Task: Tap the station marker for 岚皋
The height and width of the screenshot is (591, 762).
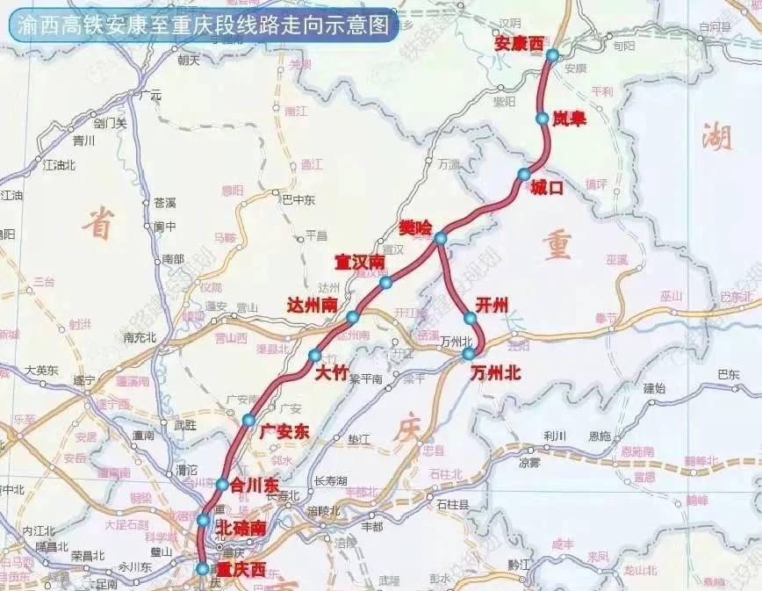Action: click(542, 118)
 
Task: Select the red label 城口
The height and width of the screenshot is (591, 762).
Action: click(546, 187)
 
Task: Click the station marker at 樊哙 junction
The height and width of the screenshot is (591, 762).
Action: click(441, 238)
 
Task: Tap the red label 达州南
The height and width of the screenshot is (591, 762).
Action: click(313, 305)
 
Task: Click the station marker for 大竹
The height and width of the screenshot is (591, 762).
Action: click(315, 356)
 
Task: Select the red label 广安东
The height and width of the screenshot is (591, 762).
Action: click(285, 432)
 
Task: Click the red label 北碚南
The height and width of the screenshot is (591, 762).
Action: click(241, 528)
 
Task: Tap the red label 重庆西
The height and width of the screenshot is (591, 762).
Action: click(241, 569)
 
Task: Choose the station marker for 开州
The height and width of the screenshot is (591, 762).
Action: click(471, 319)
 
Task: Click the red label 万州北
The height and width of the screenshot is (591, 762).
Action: click(495, 372)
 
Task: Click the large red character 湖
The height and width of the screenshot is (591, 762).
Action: click(717, 136)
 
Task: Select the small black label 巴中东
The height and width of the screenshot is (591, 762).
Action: click(297, 199)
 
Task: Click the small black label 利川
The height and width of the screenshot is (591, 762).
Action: click(555, 436)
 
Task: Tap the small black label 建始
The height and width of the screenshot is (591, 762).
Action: click(655, 387)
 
